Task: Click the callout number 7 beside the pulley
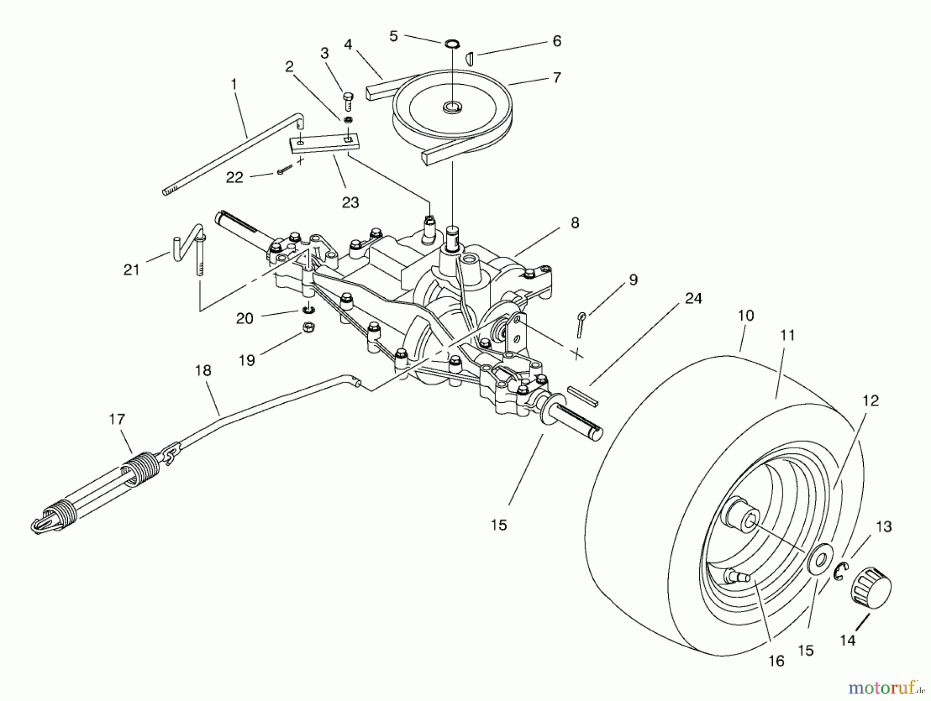click(557, 78)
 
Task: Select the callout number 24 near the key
click(693, 298)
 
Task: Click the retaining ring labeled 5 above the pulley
click(452, 42)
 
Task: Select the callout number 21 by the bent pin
click(131, 269)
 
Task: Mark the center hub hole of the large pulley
click(452, 108)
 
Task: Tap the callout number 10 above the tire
click(746, 315)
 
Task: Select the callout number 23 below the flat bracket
click(350, 202)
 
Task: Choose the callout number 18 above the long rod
click(203, 370)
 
